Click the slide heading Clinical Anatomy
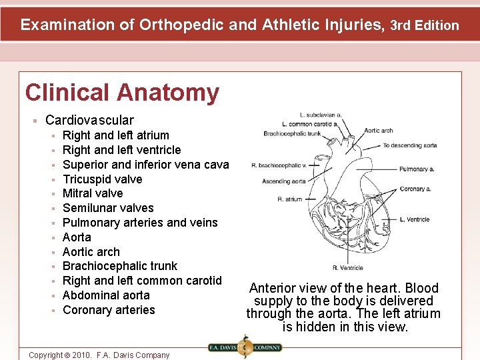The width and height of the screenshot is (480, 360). tap(122, 93)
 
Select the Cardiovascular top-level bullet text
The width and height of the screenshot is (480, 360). tap(89, 121)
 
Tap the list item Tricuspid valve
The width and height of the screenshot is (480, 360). tap(102, 179)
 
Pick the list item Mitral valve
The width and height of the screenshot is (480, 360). tap(93, 193)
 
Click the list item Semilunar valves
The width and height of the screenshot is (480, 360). tap(108, 208)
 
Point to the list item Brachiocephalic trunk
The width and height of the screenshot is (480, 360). tap(120, 266)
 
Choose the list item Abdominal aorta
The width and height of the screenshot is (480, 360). tap(106, 295)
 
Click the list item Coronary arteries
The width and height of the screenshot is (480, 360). tap(109, 310)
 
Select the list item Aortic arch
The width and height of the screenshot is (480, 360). tap(91, 252)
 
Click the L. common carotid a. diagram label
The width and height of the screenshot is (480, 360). tap(310, 124)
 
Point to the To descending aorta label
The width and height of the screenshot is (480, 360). tap(410, 145)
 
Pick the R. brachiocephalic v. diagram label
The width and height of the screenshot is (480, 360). tap(279, 165)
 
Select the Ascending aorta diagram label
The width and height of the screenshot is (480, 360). tap(284, 181)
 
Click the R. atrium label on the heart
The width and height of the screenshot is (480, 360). tap(290, 199)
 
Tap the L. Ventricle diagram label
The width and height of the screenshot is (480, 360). tap(414, 219)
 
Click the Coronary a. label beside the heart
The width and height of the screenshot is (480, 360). tap(415, 189)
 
